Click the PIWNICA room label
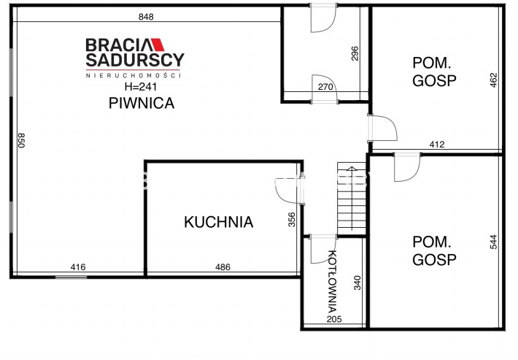142,103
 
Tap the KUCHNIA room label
219,222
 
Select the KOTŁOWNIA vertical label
333,281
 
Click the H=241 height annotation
141,87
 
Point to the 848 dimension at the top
146,17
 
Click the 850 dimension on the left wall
21,140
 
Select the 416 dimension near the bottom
78,267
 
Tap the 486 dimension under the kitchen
223,267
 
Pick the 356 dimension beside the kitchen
292,220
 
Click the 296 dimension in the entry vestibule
355,53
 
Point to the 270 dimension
325,87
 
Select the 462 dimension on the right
493,80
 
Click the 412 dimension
437,145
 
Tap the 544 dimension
493,242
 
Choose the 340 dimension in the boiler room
357,283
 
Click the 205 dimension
334,319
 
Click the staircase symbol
352,199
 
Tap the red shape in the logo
158,45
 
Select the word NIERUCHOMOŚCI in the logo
134,75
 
